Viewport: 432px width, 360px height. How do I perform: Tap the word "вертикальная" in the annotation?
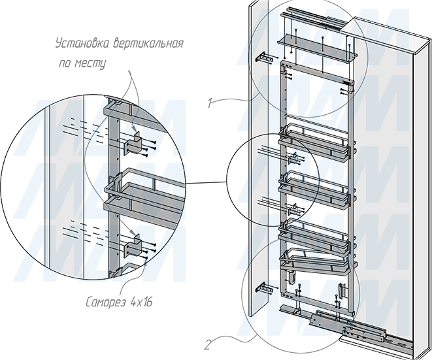pyautogui.click(x=148, y=44)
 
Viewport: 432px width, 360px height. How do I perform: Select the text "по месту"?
pyautogui.click(x=82, y=63)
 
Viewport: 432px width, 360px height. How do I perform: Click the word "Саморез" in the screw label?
pyautogui.click(x=106, y=302)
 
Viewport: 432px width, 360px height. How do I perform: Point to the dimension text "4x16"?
pyautogui.click(x=141, y=302)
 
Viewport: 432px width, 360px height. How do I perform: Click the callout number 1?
pyautogui.click(x=210, y=104)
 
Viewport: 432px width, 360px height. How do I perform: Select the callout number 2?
pyautogui.click(x=207, y=346)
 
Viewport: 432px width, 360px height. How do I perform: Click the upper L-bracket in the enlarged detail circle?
pyautogui.click(x=134, y=143)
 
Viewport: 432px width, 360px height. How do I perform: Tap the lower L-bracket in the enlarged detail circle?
pyautogui.click(x=133, y=245)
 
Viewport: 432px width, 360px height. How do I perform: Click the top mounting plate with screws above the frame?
pyautogui.click(x=317, y=48)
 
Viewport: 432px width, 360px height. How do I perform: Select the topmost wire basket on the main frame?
pyautogui.click(x=314, y=143)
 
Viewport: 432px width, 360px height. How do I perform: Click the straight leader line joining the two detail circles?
pyautogui.click(x=206, y=183)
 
